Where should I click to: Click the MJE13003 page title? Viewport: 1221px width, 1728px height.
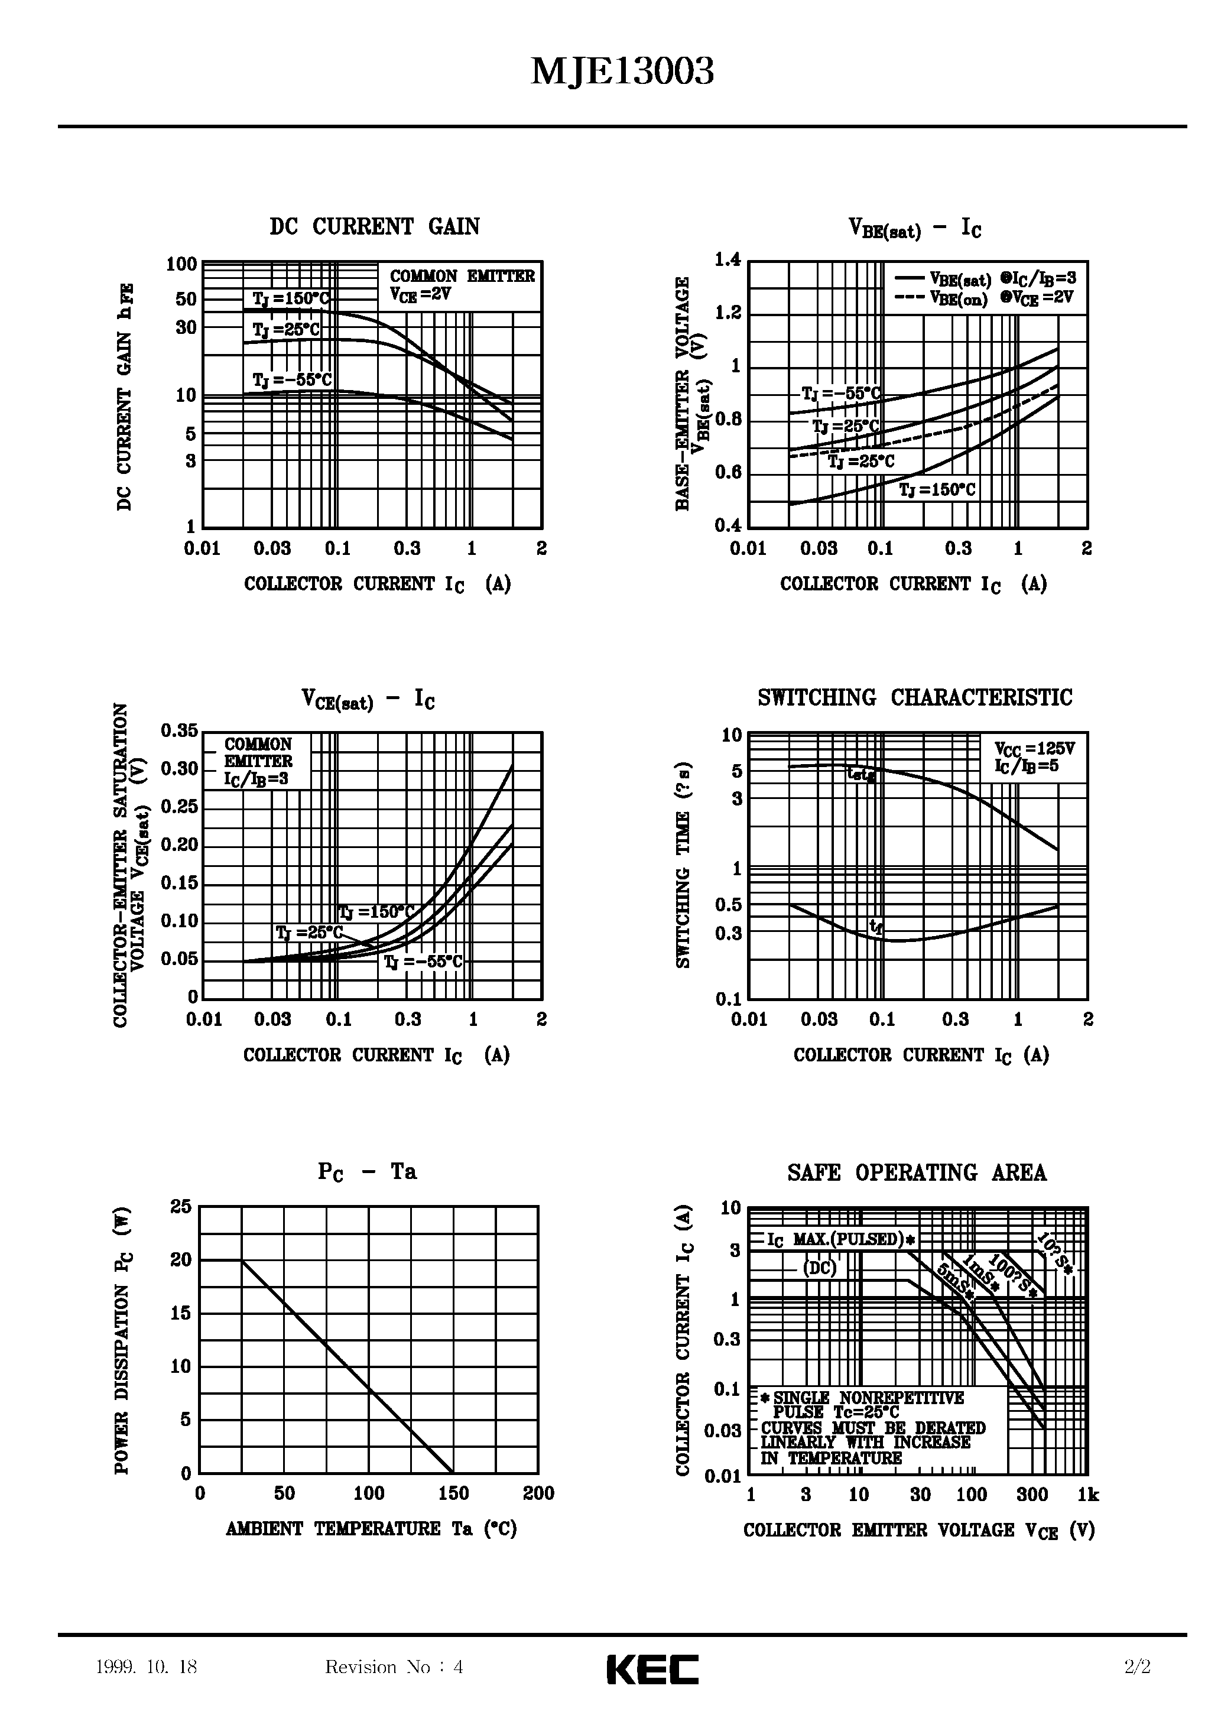coord(622,73)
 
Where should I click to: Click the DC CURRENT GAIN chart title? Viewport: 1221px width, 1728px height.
coord(374,226)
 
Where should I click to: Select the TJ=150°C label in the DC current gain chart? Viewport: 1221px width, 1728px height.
coord(291,299)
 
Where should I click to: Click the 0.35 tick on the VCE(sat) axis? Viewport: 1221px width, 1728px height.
coord(179,731)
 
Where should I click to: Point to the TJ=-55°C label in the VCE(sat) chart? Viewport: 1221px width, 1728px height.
coord(423,963)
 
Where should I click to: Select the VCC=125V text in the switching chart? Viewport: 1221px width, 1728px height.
coord(1034,749)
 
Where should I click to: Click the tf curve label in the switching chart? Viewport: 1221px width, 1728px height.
coord(875,927)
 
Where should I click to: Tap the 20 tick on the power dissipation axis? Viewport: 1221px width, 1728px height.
coord(181,1260)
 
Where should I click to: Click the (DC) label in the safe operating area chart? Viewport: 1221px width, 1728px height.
coord(819,1268)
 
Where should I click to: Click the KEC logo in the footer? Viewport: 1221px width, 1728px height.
coord(652,1669)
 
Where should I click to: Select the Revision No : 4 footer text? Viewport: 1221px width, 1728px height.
coord(394,1667)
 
